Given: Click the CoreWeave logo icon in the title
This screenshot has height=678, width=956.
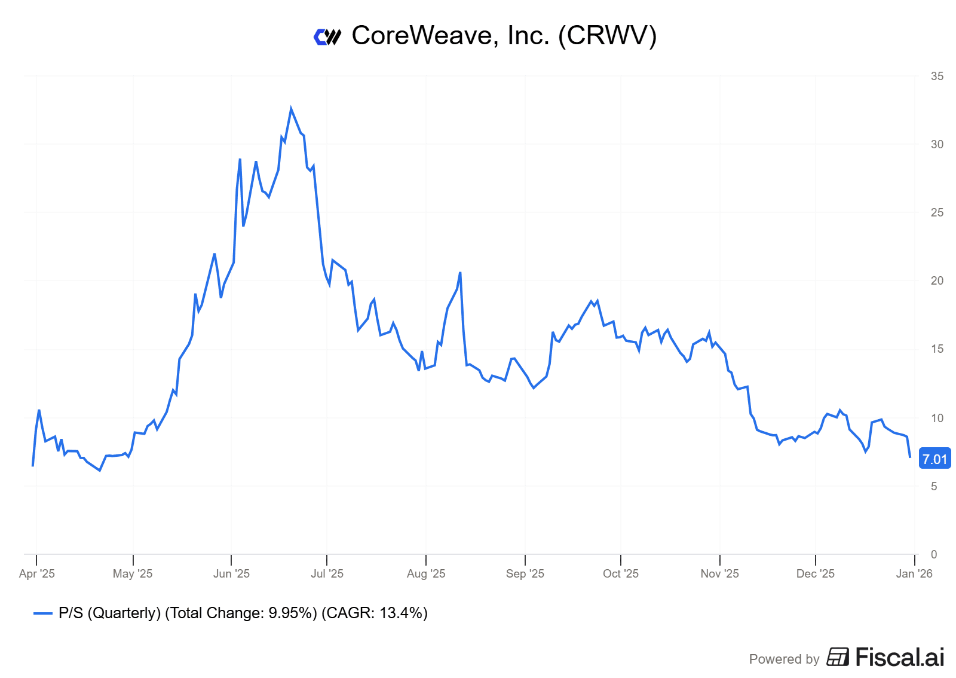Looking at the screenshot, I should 327,37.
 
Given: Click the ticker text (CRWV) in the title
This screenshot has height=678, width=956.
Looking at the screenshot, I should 607,36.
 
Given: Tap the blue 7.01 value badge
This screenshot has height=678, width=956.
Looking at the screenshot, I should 934,459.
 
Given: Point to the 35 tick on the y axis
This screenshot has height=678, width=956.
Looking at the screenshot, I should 937,76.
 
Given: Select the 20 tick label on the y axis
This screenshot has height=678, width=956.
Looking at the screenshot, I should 937,280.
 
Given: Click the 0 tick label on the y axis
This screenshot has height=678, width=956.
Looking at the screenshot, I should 934,554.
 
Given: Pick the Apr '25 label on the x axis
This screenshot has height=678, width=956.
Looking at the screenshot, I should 37,573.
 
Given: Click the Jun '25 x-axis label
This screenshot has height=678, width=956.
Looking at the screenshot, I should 231,573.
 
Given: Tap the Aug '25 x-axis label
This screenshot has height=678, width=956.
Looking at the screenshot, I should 426,573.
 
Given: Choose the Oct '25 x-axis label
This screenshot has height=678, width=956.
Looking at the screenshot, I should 621,573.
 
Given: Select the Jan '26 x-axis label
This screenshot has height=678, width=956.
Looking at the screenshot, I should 914,573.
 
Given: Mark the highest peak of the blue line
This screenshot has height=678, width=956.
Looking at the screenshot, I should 291,109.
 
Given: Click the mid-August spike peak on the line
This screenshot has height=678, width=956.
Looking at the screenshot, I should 460,273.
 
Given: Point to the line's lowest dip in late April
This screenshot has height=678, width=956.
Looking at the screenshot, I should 100,471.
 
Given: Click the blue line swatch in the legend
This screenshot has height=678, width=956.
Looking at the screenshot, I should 43,613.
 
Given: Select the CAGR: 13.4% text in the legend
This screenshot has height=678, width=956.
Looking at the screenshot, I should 374,613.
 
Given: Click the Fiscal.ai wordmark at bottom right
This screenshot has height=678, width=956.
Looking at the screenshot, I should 900,658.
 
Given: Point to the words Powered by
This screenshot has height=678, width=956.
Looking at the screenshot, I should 784,659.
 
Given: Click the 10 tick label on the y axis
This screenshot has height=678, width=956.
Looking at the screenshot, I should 937,418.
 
